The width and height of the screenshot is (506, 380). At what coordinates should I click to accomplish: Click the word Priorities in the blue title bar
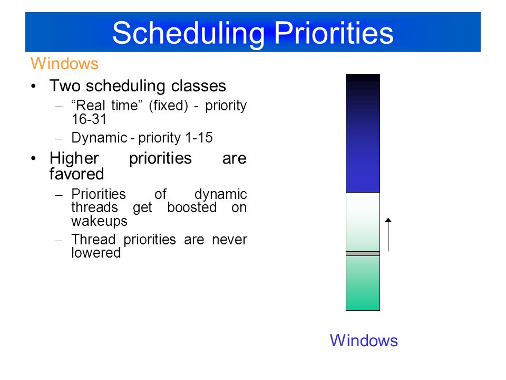pyautogui.click(x=334, y=33)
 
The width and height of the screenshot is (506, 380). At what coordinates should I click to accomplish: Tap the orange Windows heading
pyautogui.click(x=64, y=63)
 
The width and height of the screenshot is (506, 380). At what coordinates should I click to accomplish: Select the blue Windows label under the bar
pyautogui.click(x=364, y=340)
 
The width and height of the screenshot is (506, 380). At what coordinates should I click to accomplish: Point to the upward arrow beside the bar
pyautogui.click(x=388, y=234)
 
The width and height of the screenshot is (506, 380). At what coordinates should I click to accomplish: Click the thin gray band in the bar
pyautogui.click(x=363, y=254)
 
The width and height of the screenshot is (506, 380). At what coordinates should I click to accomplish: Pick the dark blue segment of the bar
pyautogui.click(x=363, y=133)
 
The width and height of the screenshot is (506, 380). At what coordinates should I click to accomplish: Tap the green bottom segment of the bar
pyautogui.click(x=363, y=283)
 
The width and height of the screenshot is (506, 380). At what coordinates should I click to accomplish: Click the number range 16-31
pyautogui.click(x=89, y=119)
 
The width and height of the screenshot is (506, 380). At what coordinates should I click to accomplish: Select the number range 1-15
pyautogui.click(x=199, y=138)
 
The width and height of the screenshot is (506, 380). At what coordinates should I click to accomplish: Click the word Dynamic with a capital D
pyautogui.click(x=100, y=138)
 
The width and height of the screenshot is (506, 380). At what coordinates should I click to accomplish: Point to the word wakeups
pyautogui.click(x=100, y=221)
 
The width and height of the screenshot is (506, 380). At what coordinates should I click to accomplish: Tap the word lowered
pyautogui.click(x=96, y=253)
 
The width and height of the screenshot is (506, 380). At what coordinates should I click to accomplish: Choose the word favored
pyautogui.click(x=76, y=174)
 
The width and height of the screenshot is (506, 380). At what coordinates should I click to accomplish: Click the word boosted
pyautogui.click(x=192, y=207)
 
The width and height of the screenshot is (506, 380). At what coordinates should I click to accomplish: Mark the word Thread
pyautogui.click(x=94, y=240)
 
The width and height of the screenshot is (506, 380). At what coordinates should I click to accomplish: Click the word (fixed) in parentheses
pyautogui.click(x=169, y=106)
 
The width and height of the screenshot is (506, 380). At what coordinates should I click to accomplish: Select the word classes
pyautogui.click(x=199, y=86)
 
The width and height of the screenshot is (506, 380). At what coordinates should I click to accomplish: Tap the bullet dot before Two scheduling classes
pyautogui.click(x=34, y=86)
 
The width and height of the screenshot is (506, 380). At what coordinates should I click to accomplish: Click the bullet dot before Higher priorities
pyautogui.click(x=34, y=159)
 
